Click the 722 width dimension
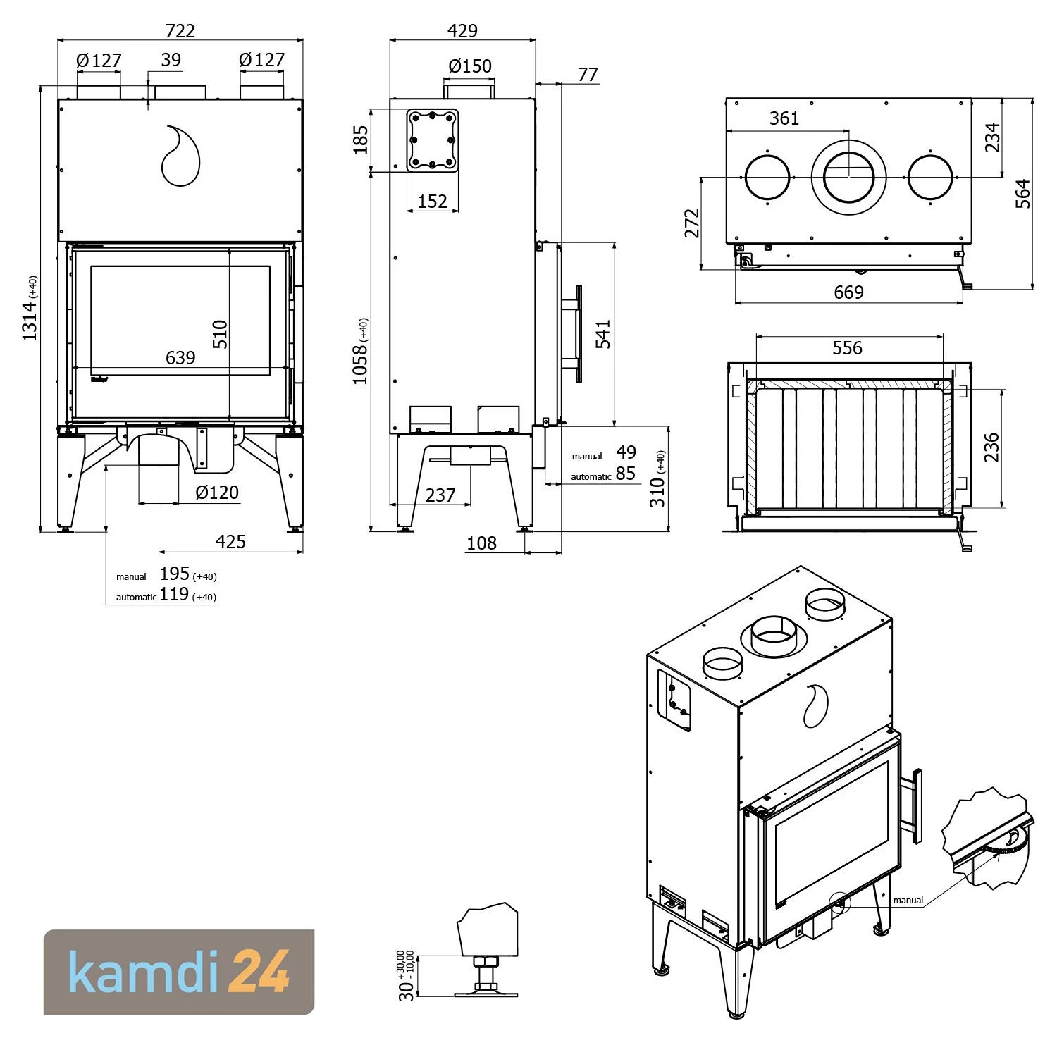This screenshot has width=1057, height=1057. tap(180, 30)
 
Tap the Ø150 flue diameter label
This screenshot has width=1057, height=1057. tap(470, 66)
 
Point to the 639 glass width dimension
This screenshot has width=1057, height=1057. tap(180, 358)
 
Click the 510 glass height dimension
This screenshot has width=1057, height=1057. tap(221, 334)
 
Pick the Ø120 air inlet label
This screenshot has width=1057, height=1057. tap(217, 492)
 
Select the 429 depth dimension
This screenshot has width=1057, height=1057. tap(462, 30)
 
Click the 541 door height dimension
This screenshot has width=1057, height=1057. tap(603, 334)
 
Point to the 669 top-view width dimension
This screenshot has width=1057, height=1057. tap(848, 292)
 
